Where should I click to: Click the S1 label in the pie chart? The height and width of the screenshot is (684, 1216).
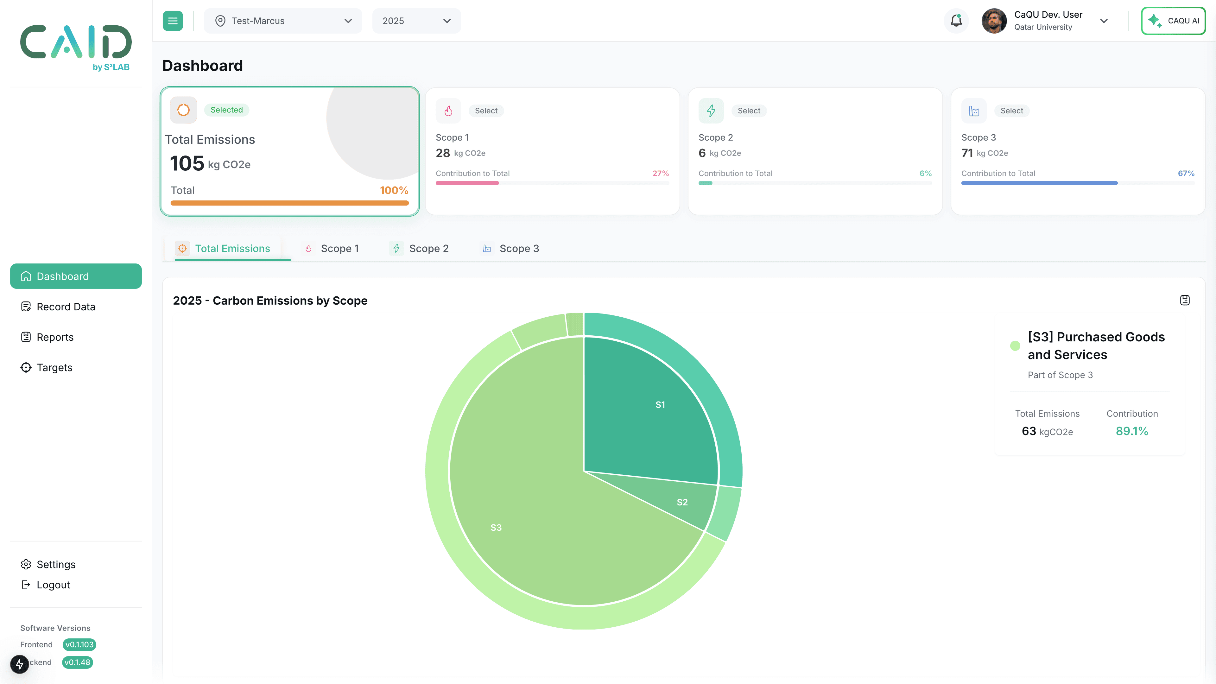tap(660, 405)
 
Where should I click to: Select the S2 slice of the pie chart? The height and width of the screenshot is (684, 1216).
tap(682, 502)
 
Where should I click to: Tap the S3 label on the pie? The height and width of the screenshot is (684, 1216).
tap(496, 527)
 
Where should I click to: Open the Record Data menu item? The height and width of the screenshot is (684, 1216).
tap(66, 307)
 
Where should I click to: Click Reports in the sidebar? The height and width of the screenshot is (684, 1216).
tap(55, 337)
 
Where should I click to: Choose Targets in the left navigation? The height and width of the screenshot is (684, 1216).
tap(54, 367)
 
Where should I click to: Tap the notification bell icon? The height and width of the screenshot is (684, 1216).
tap(956, 21)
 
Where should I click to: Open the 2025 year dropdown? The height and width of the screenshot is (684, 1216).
tap(416, 21)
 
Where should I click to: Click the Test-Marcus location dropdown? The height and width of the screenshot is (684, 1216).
tap(283, 21)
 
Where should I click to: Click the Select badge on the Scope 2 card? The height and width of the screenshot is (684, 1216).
tap(749, 111)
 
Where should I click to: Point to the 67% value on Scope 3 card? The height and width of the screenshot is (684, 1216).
tap(1186, 173)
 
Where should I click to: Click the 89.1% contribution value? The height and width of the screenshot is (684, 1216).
tap(1131, 431)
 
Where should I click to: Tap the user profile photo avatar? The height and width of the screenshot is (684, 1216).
tap(994, 21)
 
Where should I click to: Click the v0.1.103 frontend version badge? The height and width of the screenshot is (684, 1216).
tap(79, 644)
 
